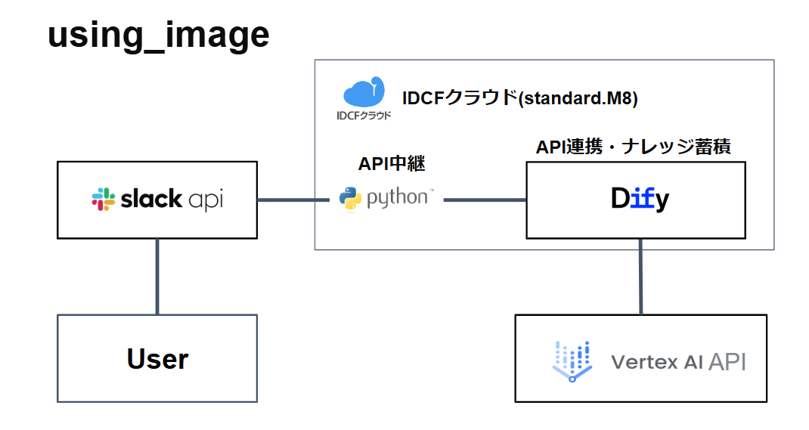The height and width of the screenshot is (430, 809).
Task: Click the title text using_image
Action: pyautogui.click(x=158, y=36)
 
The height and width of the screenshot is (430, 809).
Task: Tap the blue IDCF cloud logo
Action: pyautogui.click(x=364, y=93)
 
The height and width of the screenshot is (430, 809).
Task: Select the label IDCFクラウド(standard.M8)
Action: pyautogui.click(x=522, y=98)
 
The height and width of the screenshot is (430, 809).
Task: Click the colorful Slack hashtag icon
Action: pyautogui.click(x=104, y=200)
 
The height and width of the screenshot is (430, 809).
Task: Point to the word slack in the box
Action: pyautogui.click(x=151, y=199)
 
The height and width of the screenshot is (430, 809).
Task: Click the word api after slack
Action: pyautogui.click(x=206, y=200)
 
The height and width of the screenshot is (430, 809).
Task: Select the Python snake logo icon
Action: pyautogui.click(x=349, y=199)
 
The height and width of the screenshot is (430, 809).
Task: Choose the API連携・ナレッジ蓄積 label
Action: pyautogui.click(x=633, y=147)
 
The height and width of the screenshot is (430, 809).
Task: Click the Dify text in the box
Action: pyautogui.click(x=640, y=200)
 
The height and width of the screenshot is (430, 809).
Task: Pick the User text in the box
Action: pyautogui.click(x=157, y=359)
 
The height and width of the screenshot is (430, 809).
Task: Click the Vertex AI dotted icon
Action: pyautogui.click(x=572, y=360)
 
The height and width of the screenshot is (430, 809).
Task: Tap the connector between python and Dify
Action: pyautogui.click(x=485, y=200)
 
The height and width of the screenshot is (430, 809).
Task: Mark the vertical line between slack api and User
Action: pyautogui.click(x=157, y=276)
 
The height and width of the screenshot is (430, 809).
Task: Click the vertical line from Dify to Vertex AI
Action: pyautogui.click(x=641, y=276)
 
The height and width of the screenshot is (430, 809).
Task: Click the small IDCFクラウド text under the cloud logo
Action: pyautogui.click(x=364, y=116)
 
